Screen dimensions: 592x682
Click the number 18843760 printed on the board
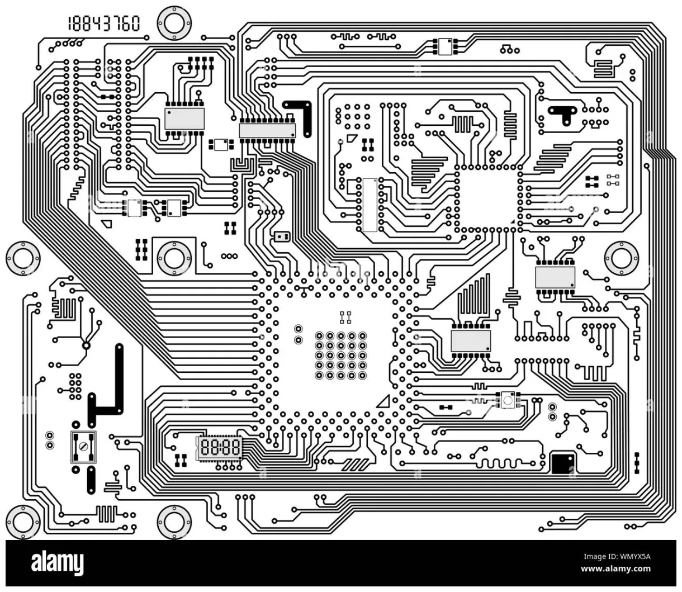click(x=104, y=23)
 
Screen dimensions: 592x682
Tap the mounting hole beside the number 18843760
click(x=174, y=23)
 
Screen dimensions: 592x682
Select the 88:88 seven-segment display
click(x=220, y=448)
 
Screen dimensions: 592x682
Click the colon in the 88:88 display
click(x=220, y=448)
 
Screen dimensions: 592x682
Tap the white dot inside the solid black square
click(x=570, y=458)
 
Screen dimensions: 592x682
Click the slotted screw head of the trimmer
click(x=83, y=447)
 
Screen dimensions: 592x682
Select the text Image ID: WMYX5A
click(x=617, y=557)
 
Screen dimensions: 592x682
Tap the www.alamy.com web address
click(x=615, y=570)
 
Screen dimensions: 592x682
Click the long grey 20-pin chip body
click(x=267, y=130)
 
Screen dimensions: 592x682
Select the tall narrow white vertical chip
click(x=369, y=205)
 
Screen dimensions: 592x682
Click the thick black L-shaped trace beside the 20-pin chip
click(x=302, y=115)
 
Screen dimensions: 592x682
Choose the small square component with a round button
click(x=508, y=400)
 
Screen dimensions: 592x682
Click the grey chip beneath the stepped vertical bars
click(x=471, y=340)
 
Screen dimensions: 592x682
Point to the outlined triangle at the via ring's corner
click(x=384, y=401)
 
